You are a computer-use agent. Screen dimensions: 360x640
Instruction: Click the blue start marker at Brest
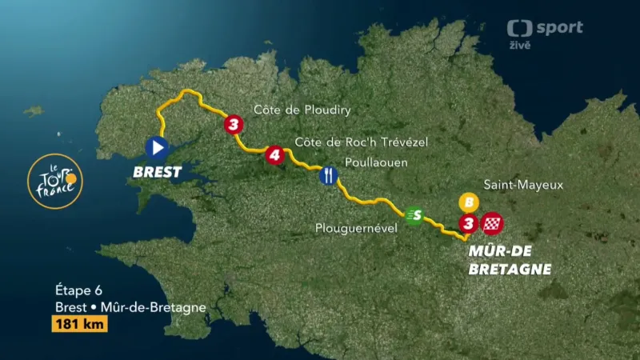tap(157, 146)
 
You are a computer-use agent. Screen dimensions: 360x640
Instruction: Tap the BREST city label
tap(157, 171)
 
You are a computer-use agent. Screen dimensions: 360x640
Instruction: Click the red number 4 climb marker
tap(274, 154)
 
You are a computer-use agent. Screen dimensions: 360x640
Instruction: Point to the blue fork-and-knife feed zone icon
tap(327, 175)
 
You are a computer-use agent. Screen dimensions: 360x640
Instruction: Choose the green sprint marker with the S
tap(414, 214)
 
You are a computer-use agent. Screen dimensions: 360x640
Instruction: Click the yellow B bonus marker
tap(468, 202)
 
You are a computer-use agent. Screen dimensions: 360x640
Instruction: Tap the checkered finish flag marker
tap(494, 223)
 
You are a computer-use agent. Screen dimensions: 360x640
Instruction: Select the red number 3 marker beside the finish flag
tap(469, 223)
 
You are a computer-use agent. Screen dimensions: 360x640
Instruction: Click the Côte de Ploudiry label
tap(302, 110)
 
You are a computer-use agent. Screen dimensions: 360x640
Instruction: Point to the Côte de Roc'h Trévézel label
tap(362, 142)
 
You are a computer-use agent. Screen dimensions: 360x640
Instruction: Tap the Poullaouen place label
tap(375, 162)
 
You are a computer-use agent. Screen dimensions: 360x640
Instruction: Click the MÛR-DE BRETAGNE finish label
tap(510, 261)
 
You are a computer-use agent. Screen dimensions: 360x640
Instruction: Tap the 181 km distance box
tap(79, 324)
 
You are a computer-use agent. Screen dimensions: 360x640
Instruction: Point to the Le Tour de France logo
tap(54, 182)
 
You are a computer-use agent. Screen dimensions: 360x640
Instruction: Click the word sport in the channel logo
tap(558, 28)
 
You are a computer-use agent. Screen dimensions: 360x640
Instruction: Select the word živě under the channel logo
tap(520, 46)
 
